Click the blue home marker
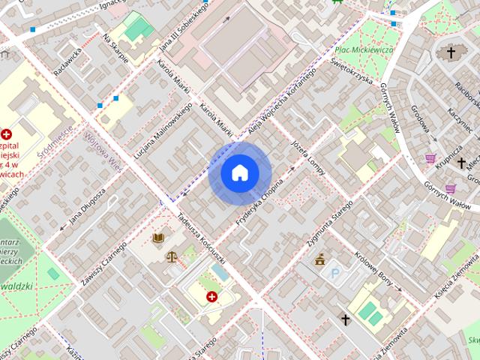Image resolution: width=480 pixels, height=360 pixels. pos(239,173)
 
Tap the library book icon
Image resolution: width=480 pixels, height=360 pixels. pos(158,238)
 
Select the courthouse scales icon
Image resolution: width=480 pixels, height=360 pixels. pos(173,256)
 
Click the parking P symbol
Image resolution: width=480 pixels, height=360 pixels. pos(335,274)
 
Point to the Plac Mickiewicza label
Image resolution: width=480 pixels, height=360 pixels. pos(364,50)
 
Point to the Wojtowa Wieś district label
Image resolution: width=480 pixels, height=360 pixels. pos(103,153)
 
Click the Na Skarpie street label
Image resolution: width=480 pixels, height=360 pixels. pos(116,49)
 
